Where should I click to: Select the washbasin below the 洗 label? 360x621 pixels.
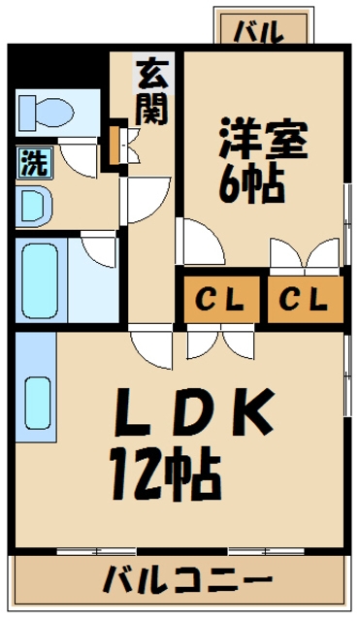(34, 205)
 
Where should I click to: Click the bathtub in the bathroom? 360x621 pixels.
(41, 278)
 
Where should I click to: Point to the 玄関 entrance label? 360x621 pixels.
(150, 92)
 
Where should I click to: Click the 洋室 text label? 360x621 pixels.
(261, 140)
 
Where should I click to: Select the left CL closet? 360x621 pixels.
(220, 298)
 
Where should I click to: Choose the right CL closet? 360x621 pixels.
(303, 298)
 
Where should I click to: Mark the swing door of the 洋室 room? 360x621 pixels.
(194, 241)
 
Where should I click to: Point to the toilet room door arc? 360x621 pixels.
(80, 155)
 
